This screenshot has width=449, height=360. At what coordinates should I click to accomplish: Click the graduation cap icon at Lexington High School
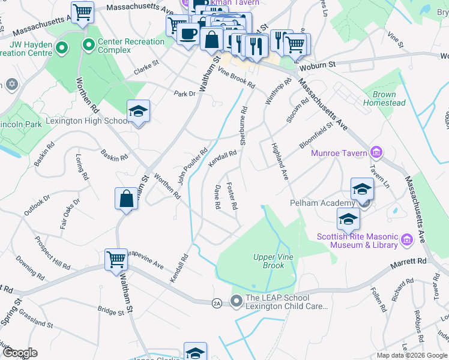(138, 112)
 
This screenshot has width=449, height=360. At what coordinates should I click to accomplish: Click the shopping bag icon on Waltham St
(127, 199)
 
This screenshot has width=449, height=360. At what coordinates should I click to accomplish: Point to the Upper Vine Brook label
(273, 261)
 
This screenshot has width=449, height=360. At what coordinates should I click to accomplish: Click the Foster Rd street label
(231, 196)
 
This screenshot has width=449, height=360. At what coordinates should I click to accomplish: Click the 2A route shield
(217, 304)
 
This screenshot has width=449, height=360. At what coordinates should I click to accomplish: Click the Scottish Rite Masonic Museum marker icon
(407, 241)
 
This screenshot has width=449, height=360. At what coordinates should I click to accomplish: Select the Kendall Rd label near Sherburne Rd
(223, 159)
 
